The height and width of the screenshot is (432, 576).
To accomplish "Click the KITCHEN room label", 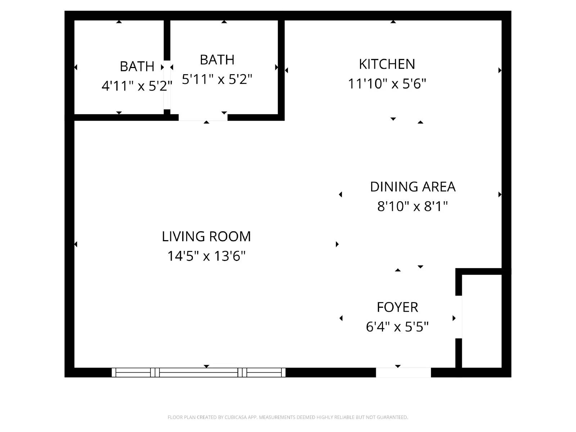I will tap(387, 64).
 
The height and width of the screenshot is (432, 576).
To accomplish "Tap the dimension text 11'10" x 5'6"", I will tap(387, 84).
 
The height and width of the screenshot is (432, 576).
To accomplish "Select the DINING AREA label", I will tap(413, 187).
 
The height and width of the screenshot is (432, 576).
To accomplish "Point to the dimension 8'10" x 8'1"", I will tap(413, 207).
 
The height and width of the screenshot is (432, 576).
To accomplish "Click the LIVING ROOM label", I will tap(206, 237).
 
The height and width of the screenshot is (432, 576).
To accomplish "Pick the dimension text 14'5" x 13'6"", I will tap(206, 256).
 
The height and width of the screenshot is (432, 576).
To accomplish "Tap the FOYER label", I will tap(397, 307).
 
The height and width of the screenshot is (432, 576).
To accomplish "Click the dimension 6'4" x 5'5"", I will tap(397, 327).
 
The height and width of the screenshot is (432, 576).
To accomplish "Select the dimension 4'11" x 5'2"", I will tap(137, 86).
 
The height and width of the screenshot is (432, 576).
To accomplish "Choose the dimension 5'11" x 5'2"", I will tap(217, 79).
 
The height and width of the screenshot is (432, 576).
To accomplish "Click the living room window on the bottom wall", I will tap(199, 372).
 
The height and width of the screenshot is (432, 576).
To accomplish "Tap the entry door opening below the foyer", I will tap(403, 372).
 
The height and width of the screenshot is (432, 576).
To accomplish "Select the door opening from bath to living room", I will tap(203, 117).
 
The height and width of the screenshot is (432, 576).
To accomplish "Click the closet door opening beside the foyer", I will tap(459, 317).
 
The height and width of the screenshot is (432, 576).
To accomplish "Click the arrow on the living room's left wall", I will tap(76, 244).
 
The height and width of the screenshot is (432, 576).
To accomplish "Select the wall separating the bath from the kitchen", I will tap(281, 68).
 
